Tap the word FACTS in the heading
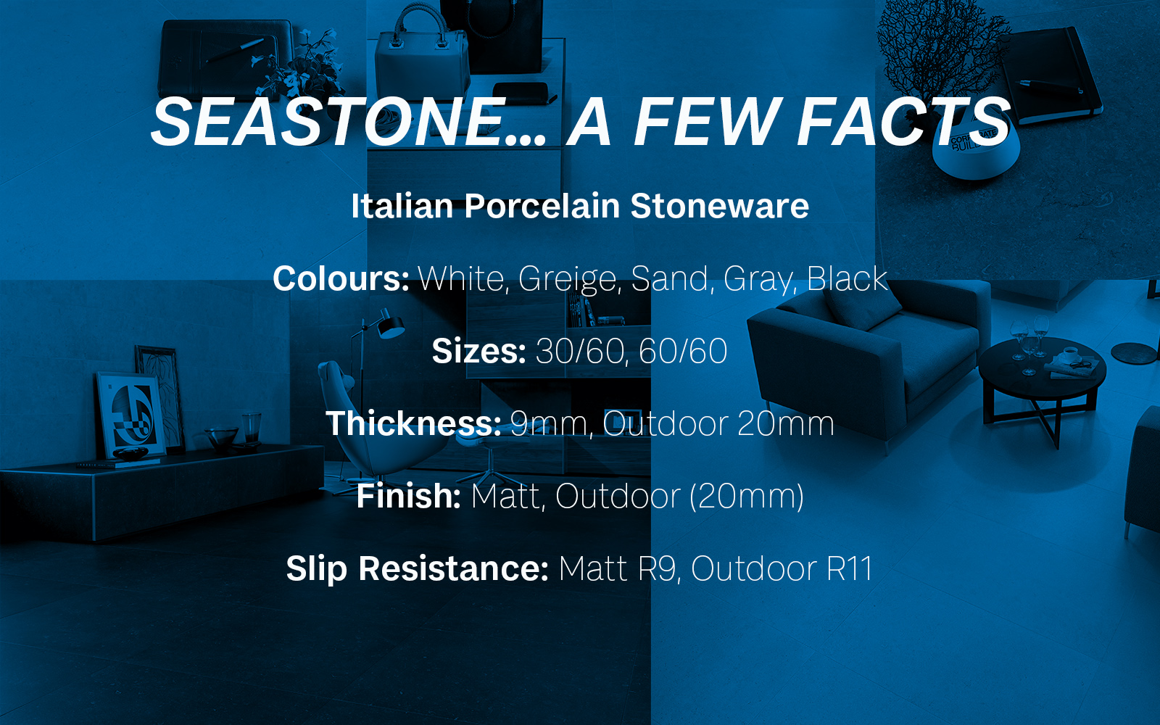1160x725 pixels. pyautogui.click(x=903, y=123)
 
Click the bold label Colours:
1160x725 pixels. pyautogui.click(x=341, y=278)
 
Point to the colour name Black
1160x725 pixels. pyautogui.click(x=848, y=278)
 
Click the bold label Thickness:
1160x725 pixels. pyautogui.click(x=413, y=423)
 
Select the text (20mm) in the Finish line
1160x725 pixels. pyautogui.click(x=746, y=497)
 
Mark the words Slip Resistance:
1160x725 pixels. pyautogui.click(x=417, y=569)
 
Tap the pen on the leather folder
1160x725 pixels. pyautogui.click(x=235, y=50)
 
